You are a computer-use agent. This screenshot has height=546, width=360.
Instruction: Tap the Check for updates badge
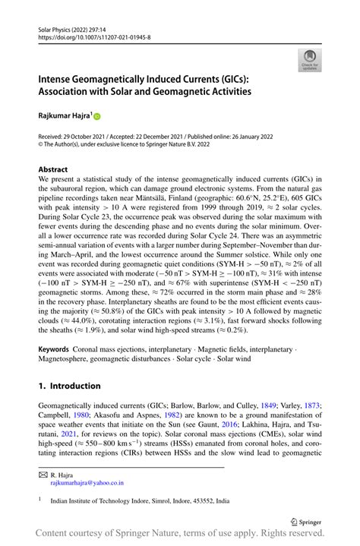310,60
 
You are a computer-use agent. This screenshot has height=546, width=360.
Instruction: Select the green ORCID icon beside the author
97,116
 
